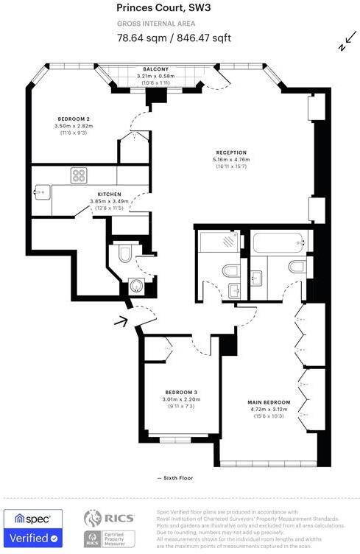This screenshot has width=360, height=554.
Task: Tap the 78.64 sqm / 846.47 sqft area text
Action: pyautogui.click(x=173, y=38)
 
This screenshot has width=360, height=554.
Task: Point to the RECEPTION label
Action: pyautogui.click(x=230, y=152)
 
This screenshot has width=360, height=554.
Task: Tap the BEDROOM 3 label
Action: pyautogui.click(x=180, y=392)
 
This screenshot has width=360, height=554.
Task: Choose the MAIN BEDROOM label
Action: pyautogui.click(x=268, y=402)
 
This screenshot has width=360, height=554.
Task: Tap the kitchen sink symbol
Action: pyautogui.click(x=40, y=193)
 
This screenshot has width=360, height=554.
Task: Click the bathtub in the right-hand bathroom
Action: pyautogui.click(x=276, y=242)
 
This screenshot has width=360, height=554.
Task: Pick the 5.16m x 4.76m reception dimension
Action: pyautogui.click(x=230, y=160)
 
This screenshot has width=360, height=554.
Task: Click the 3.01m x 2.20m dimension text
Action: pyautogui.click(x=180, y=399)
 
